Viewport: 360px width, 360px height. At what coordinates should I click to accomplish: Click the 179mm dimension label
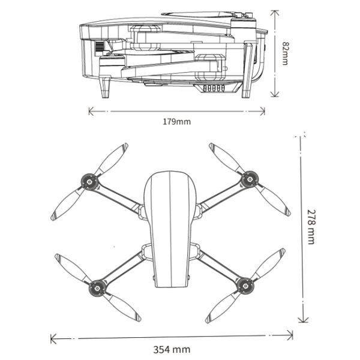pyautogui.click(x=176, y=122)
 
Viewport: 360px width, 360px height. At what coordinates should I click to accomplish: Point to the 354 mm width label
pyautogui.click(x=172, y=349)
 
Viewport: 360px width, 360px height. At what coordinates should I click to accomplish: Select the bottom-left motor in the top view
pyautogui.click(x=95, y=288)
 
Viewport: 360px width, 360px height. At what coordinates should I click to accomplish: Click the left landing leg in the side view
pyautogui.click(x=106, y=88)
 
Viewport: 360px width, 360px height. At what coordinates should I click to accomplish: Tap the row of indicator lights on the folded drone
pyautogui.click(x=215, y=88)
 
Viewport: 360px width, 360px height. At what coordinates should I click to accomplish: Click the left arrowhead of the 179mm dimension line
pyautogui.click(x=90, y=110)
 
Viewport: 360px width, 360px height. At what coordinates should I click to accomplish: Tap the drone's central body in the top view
pyautogui.click(x=170, y=228)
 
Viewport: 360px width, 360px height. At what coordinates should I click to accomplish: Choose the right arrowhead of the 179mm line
pyautogui.click(x=263, y=109)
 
